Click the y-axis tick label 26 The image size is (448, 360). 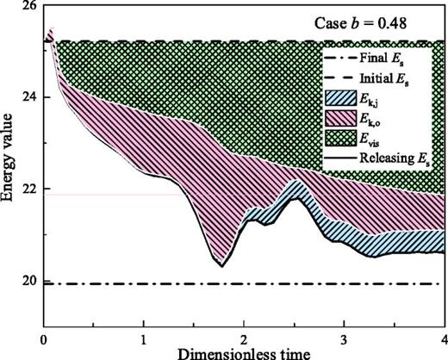(x=29, y=6)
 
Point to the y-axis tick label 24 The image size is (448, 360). (x=29, y=97)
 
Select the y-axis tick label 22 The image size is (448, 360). (x=29, y=189)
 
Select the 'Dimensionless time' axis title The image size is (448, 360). (x=244, y=352)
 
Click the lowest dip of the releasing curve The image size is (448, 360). (x=221, y=266)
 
